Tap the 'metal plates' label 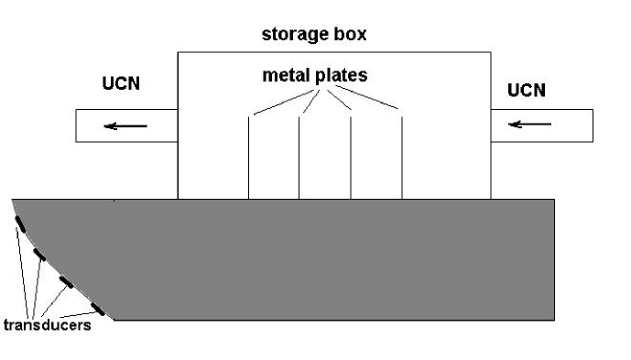pos(314,75)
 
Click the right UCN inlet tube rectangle pos(549,124)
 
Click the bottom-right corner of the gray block pos(553,319)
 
